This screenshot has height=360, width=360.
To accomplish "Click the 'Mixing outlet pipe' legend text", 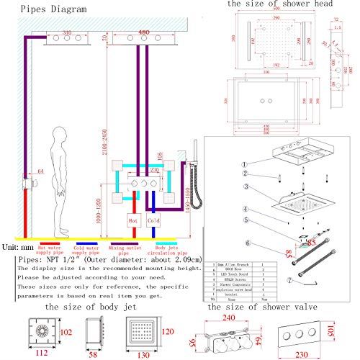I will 120,253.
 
